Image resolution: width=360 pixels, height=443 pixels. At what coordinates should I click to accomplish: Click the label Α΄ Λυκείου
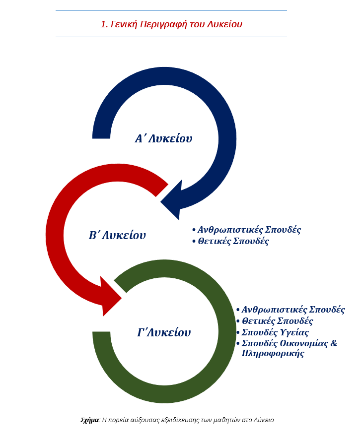tap(163, 139)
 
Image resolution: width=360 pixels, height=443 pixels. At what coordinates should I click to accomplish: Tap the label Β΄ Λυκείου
tap(117, 235)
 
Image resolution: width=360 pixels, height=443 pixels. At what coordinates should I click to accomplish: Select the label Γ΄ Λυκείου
tap(164, 332)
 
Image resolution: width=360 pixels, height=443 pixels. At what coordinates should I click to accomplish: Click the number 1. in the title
tap(104, 24)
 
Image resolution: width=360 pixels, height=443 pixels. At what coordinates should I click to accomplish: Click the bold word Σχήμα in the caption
tap(90, 420)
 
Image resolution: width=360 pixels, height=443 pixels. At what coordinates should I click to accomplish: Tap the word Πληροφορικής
tap(273, 353)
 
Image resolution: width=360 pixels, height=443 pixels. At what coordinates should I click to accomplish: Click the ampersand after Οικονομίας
tap(334, 343)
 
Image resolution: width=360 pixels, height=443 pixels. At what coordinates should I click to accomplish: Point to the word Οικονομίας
tap(304, 343)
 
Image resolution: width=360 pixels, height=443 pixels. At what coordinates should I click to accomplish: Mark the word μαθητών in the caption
tap(223, 420)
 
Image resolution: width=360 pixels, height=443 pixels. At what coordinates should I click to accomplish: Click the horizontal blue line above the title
tap(171, 11)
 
